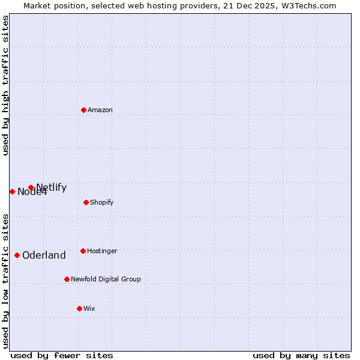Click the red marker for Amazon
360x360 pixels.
point(83,110)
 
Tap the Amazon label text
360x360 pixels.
point(100,110)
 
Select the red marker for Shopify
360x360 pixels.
point(86,202)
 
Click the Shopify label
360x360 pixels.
point(102,202)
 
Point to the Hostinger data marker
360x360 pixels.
point(83,251)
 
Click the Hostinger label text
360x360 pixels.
point(103,251)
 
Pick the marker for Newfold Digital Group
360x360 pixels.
point(67,279)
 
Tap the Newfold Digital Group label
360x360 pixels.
point(106,279)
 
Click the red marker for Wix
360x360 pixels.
point(79,308)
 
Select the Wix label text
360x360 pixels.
point(89,308)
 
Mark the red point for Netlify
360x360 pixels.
point(31,187)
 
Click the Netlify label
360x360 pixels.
point(52,187)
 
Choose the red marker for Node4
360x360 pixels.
point(12,191)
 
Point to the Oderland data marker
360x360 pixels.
point(17,255)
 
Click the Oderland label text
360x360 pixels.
point(44,255)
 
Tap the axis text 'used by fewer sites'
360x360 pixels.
point(62,355)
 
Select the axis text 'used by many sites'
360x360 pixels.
point(301,355)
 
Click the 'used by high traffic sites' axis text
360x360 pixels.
point(5,85)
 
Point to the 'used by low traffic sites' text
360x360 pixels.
point(5,280)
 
